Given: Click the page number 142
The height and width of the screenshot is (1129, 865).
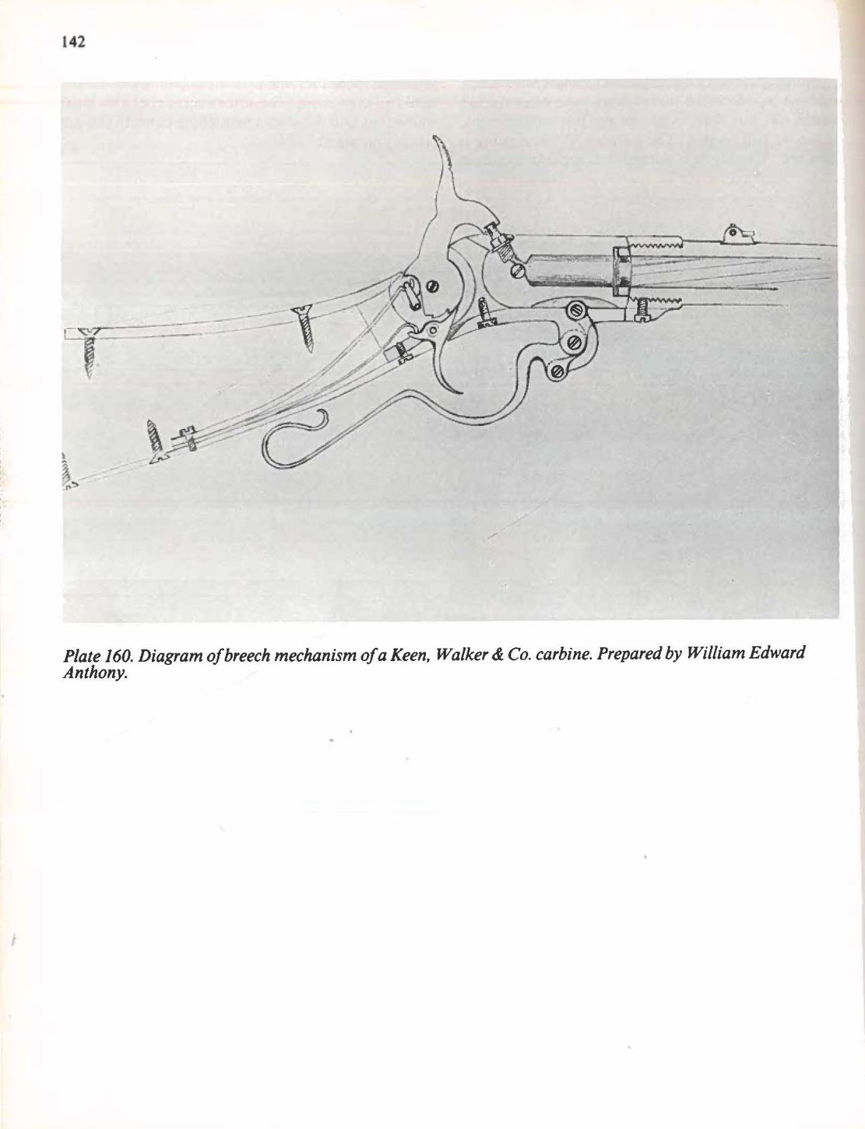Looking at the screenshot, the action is (x=73, y=42).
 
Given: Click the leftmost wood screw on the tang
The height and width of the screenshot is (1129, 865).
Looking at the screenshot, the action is (x=89, y=351).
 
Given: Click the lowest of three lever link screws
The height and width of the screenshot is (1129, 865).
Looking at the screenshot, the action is (x=556, y=371).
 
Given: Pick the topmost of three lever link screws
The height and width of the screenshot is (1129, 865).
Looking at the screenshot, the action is (x=576, y=310).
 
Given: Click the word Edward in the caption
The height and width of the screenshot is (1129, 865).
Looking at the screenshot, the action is (x=777, y=655).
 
